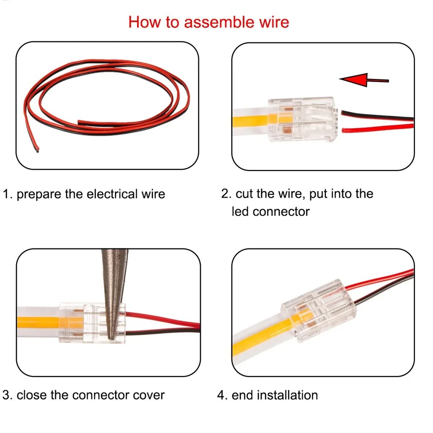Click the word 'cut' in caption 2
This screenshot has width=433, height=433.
pos(245,194)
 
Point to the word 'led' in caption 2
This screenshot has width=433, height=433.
pos(240,211)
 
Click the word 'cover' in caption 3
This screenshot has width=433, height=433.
pos(149,395)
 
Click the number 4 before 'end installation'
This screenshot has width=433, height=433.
pos(221,395)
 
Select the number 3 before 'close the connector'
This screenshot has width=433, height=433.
pos(6,395)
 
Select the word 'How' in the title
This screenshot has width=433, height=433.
pos(143,22)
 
